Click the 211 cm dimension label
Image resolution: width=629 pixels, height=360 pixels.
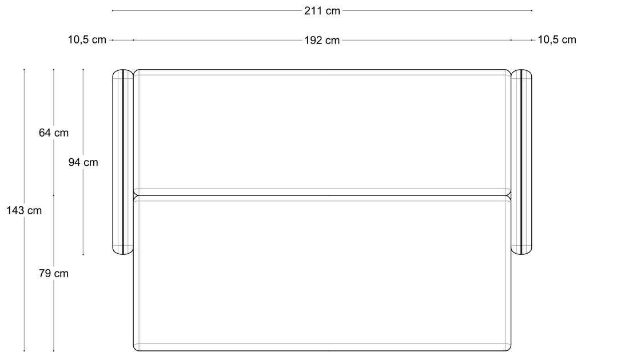click(322, 11)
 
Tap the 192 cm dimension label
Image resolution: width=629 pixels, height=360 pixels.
click(322, 41)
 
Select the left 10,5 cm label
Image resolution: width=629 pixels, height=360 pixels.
click(87, 39)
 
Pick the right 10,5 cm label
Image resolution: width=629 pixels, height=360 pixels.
click(557, 39)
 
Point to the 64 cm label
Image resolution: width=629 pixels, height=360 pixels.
click(54, 133)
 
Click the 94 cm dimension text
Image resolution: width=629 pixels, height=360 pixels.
click(83, 162)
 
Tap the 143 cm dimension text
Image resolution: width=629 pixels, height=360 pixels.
click(24, 210)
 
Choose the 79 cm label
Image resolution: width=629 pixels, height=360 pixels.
click(54, 273)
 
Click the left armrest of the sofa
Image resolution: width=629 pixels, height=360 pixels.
click(123, 162)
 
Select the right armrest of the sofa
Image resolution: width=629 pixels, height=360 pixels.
click(521, 162)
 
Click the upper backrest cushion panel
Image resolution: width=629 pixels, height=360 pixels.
click(322, 133)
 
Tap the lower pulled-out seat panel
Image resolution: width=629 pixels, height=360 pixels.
click(322, 273)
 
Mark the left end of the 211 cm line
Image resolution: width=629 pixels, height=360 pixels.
click(113, 11)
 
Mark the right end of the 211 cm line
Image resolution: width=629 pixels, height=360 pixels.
click(532, 11)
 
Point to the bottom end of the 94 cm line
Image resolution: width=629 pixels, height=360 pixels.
click(83, 254)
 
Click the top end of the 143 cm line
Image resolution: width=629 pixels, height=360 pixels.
click(24, 70)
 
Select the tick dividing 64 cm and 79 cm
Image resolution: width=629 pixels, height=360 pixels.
click(54, 195)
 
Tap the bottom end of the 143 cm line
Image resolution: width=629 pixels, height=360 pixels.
click(24, 351)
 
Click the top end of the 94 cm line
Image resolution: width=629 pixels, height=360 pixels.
click(83, 70)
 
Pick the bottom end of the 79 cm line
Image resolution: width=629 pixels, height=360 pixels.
click(54, 351)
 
